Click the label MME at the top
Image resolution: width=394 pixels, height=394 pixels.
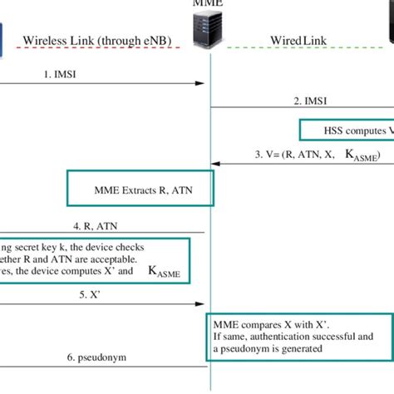click(x=208, y=4)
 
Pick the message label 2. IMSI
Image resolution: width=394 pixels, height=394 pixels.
click(x=309, y=101)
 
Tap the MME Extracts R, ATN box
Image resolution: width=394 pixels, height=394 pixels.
click(x=140, y=189)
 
